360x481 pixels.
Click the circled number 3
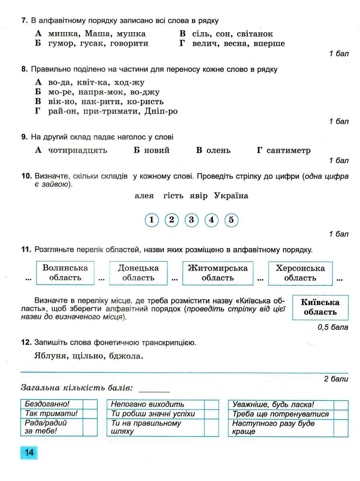[191, 220]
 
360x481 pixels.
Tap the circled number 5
[231, 220]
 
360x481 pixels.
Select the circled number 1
[151, 220]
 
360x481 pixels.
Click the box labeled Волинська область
[65, 273]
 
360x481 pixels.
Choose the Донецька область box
[138, 273]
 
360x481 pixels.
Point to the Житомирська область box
[218, 273]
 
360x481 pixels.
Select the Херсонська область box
[300, 273]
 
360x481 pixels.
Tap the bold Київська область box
[320, 307]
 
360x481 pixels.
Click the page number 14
[29, 453]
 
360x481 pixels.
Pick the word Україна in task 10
[231, 196]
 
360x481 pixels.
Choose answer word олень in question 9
[218, 150]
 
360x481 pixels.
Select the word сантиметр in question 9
[289, 150]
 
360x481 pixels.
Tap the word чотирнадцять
[78, 150]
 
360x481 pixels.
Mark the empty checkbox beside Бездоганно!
[90, 404]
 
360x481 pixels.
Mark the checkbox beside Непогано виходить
[211, 404]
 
